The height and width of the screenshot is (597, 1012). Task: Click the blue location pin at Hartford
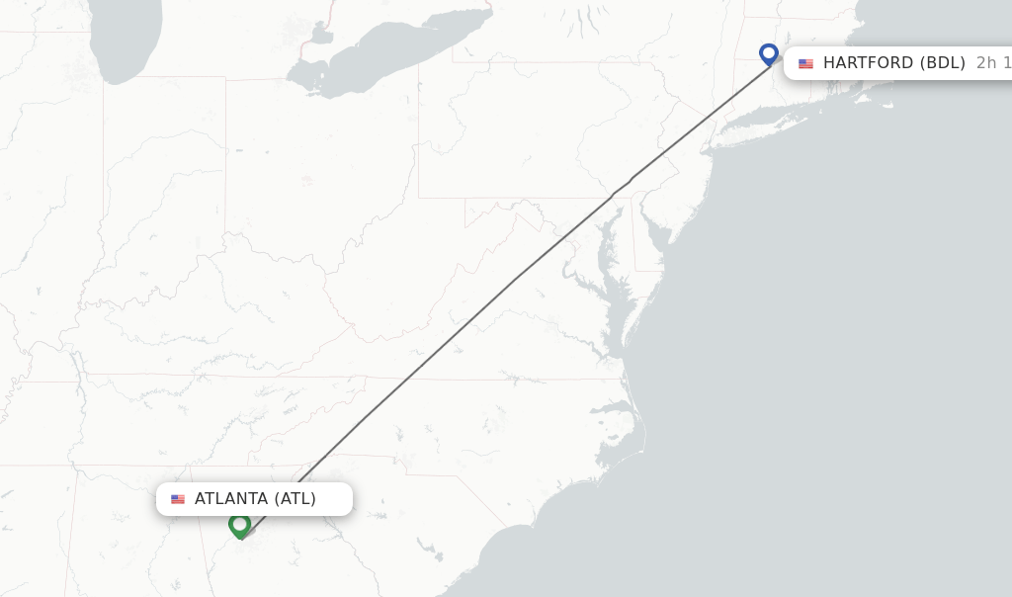click(769, 53)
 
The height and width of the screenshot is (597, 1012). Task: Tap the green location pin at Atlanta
click(239, 525)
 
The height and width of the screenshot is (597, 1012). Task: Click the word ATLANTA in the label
click(231, 498)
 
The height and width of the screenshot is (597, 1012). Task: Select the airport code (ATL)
click(295, 498)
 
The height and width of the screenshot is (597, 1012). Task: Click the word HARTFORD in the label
click(868, 63)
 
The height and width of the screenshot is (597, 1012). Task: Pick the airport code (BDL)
click(943, 63)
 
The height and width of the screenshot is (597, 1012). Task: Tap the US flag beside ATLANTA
click(178, 499)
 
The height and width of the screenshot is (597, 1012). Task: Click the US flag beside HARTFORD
click(806, 64)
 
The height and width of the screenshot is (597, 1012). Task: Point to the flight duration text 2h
click(986, 63)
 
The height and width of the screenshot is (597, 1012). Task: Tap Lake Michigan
click(124, 44)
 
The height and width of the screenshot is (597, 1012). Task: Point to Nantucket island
click(885, 103)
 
